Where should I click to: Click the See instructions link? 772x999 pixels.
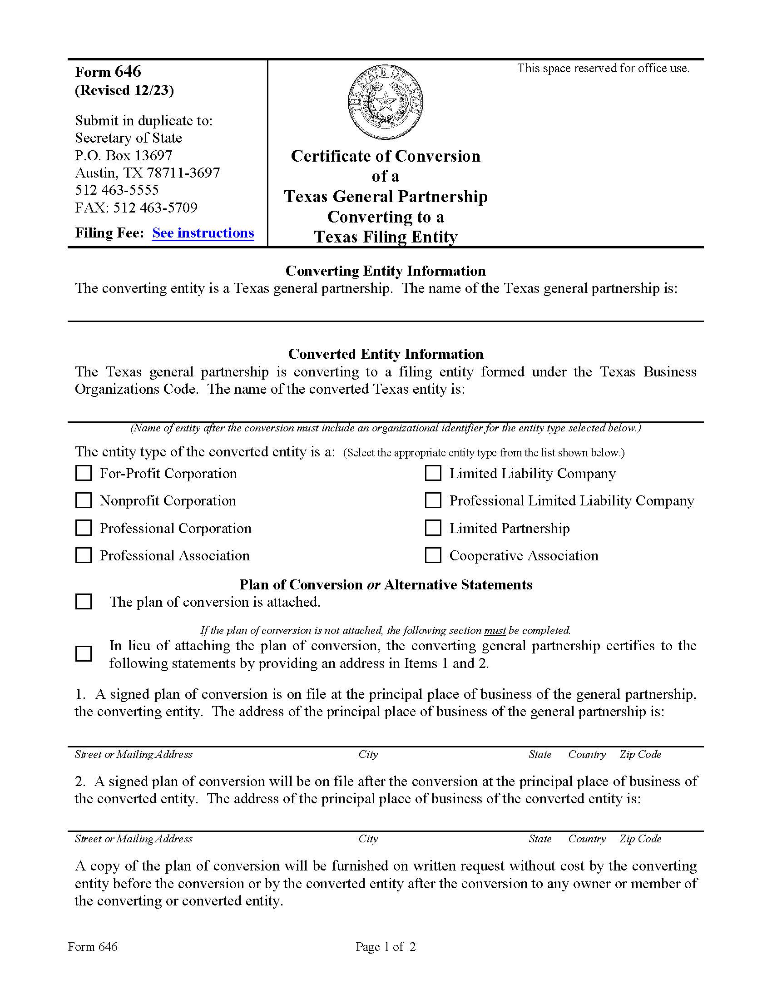click(x=203, y=233)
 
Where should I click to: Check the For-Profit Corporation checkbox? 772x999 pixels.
click(x=83, y=473)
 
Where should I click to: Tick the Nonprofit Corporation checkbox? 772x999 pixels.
click(x=83, y=500)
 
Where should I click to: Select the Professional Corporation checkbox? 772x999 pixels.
click(x=83, y=528)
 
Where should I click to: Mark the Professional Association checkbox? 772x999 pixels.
click(x=83, y=555)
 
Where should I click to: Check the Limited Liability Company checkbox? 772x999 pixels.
click(x=433, y=473)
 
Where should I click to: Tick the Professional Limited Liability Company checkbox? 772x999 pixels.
click(x=433, y=500)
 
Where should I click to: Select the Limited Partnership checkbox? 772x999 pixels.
click(x=433, y=528)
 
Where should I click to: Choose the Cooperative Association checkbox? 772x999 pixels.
click(x=433, y=555)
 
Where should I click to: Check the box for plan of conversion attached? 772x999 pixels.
click(x=83, y=602)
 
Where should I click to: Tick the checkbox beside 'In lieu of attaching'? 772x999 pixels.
click(x=83, y=653)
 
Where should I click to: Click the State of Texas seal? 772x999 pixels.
click(x=385, y=102)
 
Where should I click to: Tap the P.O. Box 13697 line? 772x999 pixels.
click(x=124, y=155)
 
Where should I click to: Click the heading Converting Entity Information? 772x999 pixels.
click(x=386, y=271)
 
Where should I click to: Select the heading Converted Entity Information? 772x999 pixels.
click(x=386, y=354)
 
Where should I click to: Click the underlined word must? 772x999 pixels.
click(x=495, y=630)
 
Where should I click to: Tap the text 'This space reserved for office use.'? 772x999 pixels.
click(x=603, y=68)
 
